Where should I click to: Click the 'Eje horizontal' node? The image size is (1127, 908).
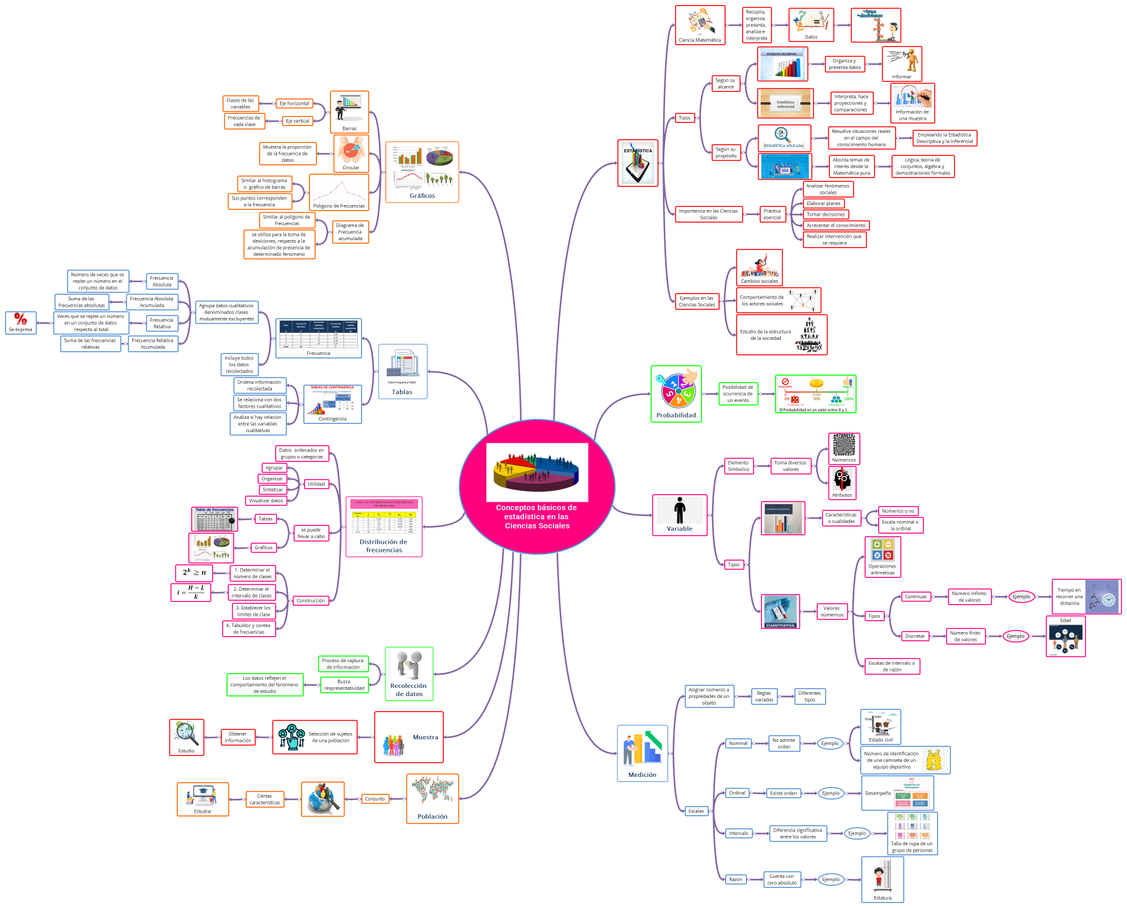(294, 103)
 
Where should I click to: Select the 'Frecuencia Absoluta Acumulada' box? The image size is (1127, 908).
(152, 302)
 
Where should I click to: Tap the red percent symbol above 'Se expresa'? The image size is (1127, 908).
(21, 319)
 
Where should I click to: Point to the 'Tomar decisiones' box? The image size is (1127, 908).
(826, 214)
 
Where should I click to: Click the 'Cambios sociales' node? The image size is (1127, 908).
(759, 268)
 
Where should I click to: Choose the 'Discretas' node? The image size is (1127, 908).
(915, 636)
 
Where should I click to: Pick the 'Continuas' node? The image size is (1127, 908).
(915, 596)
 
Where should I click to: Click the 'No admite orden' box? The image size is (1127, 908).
(784, 744)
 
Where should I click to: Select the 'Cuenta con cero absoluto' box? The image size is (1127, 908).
(782, 879)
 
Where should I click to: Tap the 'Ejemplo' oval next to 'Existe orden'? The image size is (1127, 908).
(831, 793)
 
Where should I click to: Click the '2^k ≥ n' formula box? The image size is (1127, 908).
(194, 573)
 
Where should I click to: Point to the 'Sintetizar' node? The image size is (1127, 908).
(273, 490)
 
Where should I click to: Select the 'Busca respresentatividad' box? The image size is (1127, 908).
(343, 685)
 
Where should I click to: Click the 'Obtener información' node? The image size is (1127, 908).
(238, 737)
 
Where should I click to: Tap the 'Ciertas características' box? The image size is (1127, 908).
(265, 800)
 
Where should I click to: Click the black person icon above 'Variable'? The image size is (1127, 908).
(679, 510)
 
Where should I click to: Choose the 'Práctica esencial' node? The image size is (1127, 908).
(772, 214)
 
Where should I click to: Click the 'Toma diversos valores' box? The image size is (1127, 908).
(790, 466)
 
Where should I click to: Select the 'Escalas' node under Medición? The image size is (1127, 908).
(696, 811)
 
